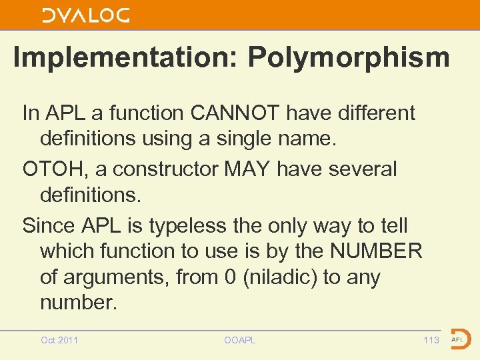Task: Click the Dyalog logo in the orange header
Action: (x=86, y=15)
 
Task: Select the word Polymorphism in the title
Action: (x=349, y=57)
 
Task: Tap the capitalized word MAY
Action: (x=247, y=169)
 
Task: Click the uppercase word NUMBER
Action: (x=381, y=251)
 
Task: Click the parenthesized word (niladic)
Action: (x=281, y=276)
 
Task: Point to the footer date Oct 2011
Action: (x=59, y=340)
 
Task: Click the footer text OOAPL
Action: (x=240, y=340)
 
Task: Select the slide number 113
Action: (x=431, y=340)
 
